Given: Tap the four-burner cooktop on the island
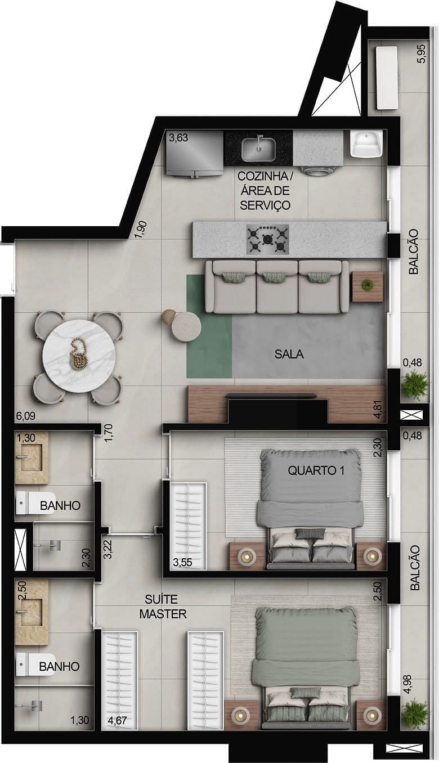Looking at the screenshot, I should (x=267, y=239).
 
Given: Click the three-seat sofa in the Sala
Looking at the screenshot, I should (x=276, y=287).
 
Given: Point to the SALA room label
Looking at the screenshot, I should (x=289, y=354).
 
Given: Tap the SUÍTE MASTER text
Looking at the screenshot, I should (x=163, y=607).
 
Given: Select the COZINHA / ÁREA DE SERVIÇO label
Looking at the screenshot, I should (x=265, y=191).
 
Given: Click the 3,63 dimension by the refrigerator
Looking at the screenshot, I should (x=178, y=137).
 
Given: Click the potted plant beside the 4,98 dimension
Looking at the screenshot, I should (x=415, y=713).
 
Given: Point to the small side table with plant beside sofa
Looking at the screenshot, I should (x=368, y=286).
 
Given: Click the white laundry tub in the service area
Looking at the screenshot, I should (x=367, y=144).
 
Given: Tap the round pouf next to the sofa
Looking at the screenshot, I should (x=186, y=326).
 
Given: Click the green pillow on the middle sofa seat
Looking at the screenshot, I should (x=277, y=277).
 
